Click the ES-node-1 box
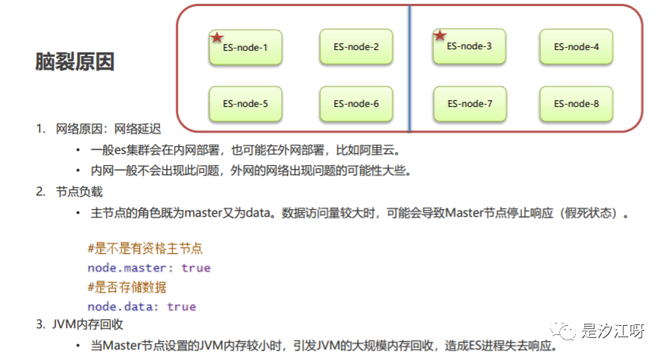pyautogui.click(x=245, y=48)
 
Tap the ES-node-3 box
pyautogui.click(x=470, y=46)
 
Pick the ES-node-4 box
pyautogui.click(x=577, y=47)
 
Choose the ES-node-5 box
pyautogui.click(x=245, y=104)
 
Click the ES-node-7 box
pyautogui.click(x=470, y=104)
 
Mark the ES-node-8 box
pyautogui.click(x=577, y=104)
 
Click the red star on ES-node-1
pyautogui.click(x=217, y=37)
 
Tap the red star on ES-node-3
pyautogui.click(x=439, y=35)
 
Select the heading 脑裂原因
pyautogui.click(x=75, y=62)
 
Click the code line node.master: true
pyautogui.click(x=149, y=268)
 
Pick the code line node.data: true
pyautogui.click(x=142, y=306)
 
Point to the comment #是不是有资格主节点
pyautogui.click(x=145, y=249)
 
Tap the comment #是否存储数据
pyautogui.click(x=127, y=287)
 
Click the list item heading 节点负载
pyautogui.click(x=79, y=192)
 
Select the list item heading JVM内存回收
pyautogui.click(x=89, y=325)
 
